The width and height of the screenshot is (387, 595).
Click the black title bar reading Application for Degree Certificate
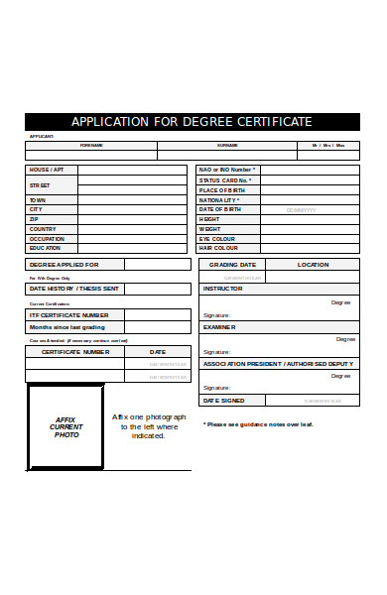[193, 122]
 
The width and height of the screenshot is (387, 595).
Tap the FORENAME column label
[91, 145]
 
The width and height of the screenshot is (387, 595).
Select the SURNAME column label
[227, 145]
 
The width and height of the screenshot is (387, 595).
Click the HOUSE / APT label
[47, 170]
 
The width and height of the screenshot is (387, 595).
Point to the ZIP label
[34, 219]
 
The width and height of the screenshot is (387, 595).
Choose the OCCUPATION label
[47, 239]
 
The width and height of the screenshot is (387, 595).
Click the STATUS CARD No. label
[225, 179]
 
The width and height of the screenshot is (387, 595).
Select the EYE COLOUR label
[217, 239]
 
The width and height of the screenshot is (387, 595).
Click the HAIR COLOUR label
[218, 248]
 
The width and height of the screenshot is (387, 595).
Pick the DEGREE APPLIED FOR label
[64, 265]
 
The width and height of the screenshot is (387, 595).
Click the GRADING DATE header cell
[233, 265]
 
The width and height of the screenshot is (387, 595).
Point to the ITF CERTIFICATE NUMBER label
[69, 313]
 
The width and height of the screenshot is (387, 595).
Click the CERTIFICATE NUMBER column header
[74, 351]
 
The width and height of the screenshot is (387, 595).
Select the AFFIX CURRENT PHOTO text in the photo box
[66, 427]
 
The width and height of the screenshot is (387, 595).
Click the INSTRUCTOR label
[222, 289]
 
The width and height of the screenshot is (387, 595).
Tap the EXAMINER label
[219, 326]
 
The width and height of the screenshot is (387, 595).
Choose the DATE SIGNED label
[224, 400]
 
